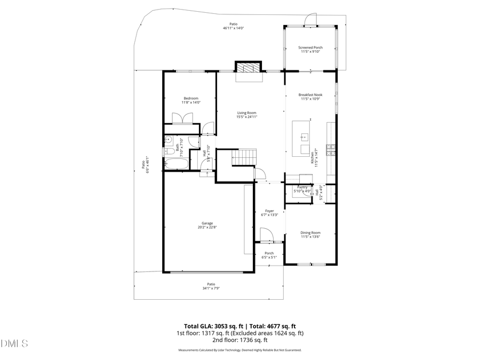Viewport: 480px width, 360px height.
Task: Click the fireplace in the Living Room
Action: pyautogui.click(x=249, y=68)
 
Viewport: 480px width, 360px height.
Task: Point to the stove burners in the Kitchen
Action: pyautogui.click(x=331, y=150)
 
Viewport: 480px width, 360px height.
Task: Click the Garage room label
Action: pyautogui.click(x=207, y=223)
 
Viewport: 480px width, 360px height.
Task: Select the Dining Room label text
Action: pyautogui.click(x=310, y=232)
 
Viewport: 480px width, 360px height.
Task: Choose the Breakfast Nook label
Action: pyautogui.click(x=310, y=95)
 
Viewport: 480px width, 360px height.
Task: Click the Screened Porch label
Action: pyautogui.click(x=310, y=47)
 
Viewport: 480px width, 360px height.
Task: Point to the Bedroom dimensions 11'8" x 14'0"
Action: pyautogui.click(x=191, y=102)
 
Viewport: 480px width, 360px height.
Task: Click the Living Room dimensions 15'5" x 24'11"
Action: pyautogui.click(x=247, y=117)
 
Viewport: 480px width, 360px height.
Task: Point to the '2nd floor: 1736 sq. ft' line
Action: pyautogui.click(x=239, y=340)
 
